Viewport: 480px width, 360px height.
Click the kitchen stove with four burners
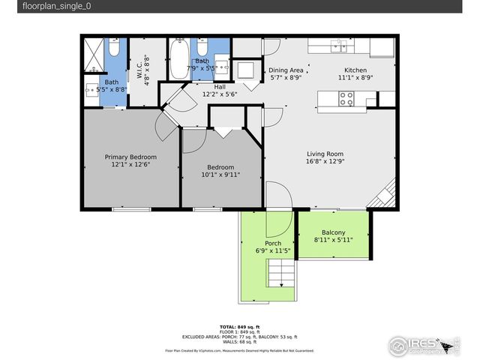pos(346,98)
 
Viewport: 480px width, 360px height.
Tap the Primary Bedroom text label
pos(130,157)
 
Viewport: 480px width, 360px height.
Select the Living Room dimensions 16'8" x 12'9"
pos(325,161)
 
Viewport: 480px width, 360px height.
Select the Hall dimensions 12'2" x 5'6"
pos(219,94)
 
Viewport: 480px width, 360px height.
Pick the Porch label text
pos(273,243)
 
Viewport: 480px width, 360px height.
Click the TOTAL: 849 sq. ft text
pos(239,327)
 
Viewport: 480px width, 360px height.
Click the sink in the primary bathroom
pos(90,88)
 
